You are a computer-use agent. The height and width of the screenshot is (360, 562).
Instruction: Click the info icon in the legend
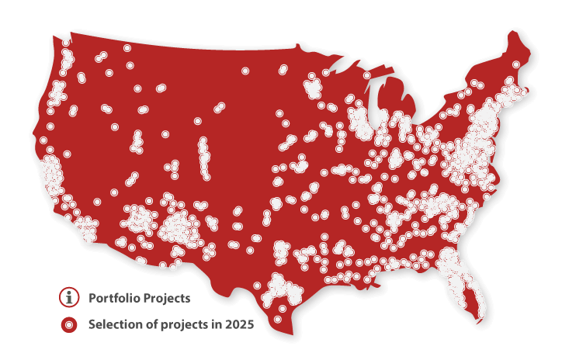(x=70, y=296)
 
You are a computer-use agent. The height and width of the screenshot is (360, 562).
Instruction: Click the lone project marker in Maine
(x=516, y=64)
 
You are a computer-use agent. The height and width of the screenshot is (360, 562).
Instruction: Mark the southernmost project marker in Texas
(x=278, y=319)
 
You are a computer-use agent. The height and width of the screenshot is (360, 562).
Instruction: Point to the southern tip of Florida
(x=483, y=319)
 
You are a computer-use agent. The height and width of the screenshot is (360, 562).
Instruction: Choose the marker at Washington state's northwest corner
(x=66, y=43)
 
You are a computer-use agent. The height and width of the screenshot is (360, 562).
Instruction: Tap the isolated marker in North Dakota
(x=245, y=71)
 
